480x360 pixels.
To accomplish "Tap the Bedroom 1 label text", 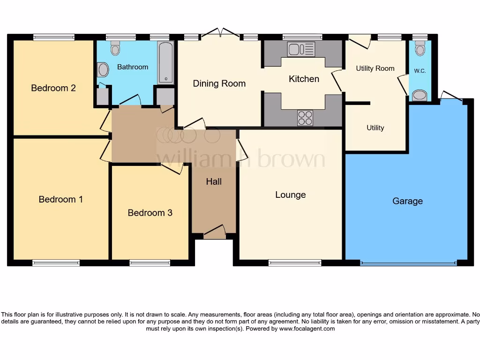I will [x=61, y=199].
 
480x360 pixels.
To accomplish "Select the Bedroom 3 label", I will [x=150, y=213].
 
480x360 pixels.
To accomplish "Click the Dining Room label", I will [x=219, y=83].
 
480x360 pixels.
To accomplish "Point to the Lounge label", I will [x=291, y=195].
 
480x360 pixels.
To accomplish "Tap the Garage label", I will [x=407, y=201].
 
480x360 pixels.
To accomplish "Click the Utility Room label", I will [x=375, y=68].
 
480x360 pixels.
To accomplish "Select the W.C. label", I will [x=420, y=71].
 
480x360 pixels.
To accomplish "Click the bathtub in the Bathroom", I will [x=165, y=62].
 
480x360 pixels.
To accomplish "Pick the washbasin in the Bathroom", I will [x=103, y=70].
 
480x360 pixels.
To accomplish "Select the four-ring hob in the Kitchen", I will [x=305, y=118].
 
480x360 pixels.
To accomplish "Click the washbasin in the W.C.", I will [x=420, y=96].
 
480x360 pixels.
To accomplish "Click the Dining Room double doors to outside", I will [x=221, y=34].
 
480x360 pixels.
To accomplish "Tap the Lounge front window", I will [x=295, y=263].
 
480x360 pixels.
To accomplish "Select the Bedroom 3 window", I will [x=150, y=263].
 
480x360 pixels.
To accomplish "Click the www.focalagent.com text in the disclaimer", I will [x=307, y=329].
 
